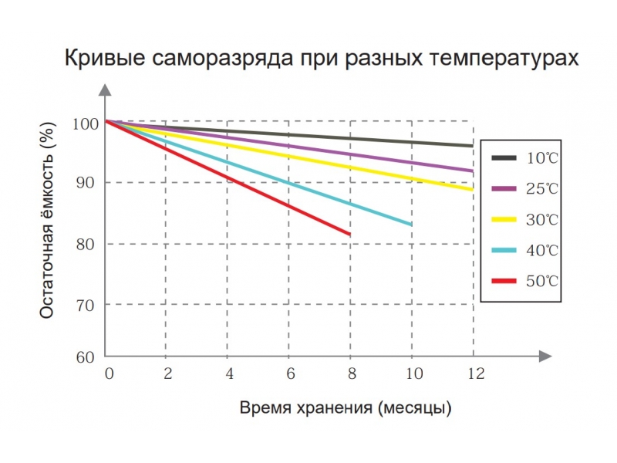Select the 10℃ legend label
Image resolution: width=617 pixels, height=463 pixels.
(542, 158)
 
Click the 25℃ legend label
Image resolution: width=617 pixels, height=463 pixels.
(542, 188)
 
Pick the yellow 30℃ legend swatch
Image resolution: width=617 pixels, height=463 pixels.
(504, 219)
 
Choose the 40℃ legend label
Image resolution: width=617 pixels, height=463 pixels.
(542, 250)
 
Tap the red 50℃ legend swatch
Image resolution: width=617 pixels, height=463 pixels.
(504, 281)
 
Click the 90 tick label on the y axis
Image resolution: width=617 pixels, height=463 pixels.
(86, 183)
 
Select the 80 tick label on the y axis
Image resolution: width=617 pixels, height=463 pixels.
(86, 244)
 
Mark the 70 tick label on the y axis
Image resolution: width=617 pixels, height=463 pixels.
(86, 305)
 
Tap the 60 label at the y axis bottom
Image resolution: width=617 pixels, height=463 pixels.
(86, 357)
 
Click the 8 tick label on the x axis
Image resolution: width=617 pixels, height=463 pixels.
(352, 373)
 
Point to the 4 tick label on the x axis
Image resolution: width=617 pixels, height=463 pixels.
(228, 373)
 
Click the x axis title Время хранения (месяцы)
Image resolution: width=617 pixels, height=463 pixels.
(345, 407)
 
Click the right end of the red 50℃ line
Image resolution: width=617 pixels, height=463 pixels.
(349, 234)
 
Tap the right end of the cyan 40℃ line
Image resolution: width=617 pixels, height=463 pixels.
(410, 224)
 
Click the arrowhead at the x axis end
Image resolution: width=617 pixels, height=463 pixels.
(545, 356)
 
